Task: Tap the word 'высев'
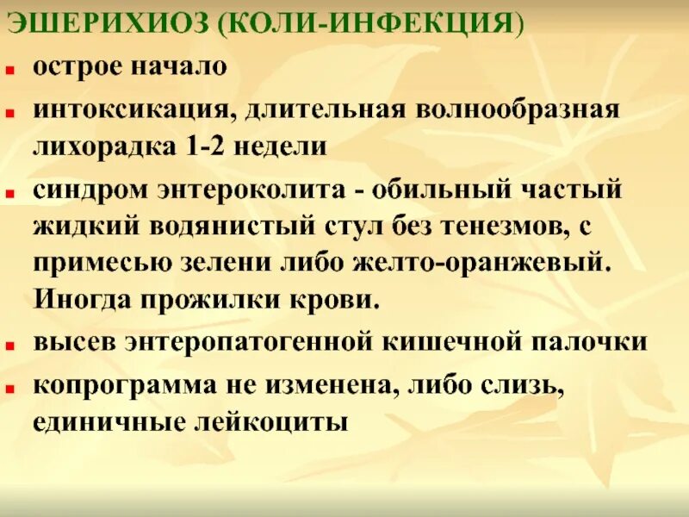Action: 73,342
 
